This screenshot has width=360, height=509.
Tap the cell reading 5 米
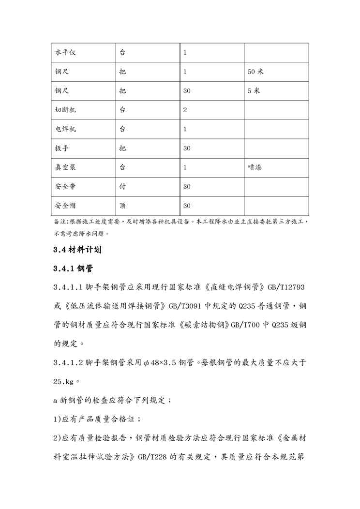click(x=254, y=90)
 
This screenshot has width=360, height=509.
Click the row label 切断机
click(x=65, y=110)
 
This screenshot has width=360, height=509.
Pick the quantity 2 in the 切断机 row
click(x=185, y=110)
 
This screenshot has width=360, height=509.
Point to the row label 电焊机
click(x=65, y=129)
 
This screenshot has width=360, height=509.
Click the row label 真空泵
click(x=65, y=167)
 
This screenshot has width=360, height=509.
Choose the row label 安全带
click(x=65, y=186)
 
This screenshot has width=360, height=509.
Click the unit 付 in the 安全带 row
click(x=122, y=186)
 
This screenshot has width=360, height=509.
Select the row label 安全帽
click(x=65, y=206)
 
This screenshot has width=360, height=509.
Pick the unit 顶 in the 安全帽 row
click(x=122, y=206)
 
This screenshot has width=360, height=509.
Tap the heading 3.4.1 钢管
click(x=73, y=269)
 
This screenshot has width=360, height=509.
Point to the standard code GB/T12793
click(x=285, y=287)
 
